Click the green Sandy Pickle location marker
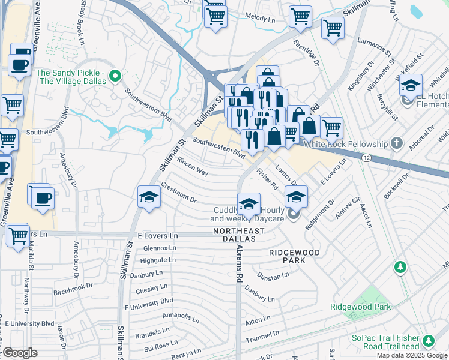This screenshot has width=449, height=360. point(118,76)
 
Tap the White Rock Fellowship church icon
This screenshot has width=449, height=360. point(396,143)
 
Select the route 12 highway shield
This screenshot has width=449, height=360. point(366,157)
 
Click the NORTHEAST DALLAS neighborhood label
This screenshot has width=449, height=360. point(239,235)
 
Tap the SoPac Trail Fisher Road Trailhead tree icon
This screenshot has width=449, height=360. point(429,341)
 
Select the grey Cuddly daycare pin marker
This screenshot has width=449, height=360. point(294,214)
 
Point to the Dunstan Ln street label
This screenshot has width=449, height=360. point(273,277)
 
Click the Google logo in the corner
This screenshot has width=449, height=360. point(19,353)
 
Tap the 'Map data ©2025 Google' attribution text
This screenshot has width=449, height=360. point(412,355)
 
